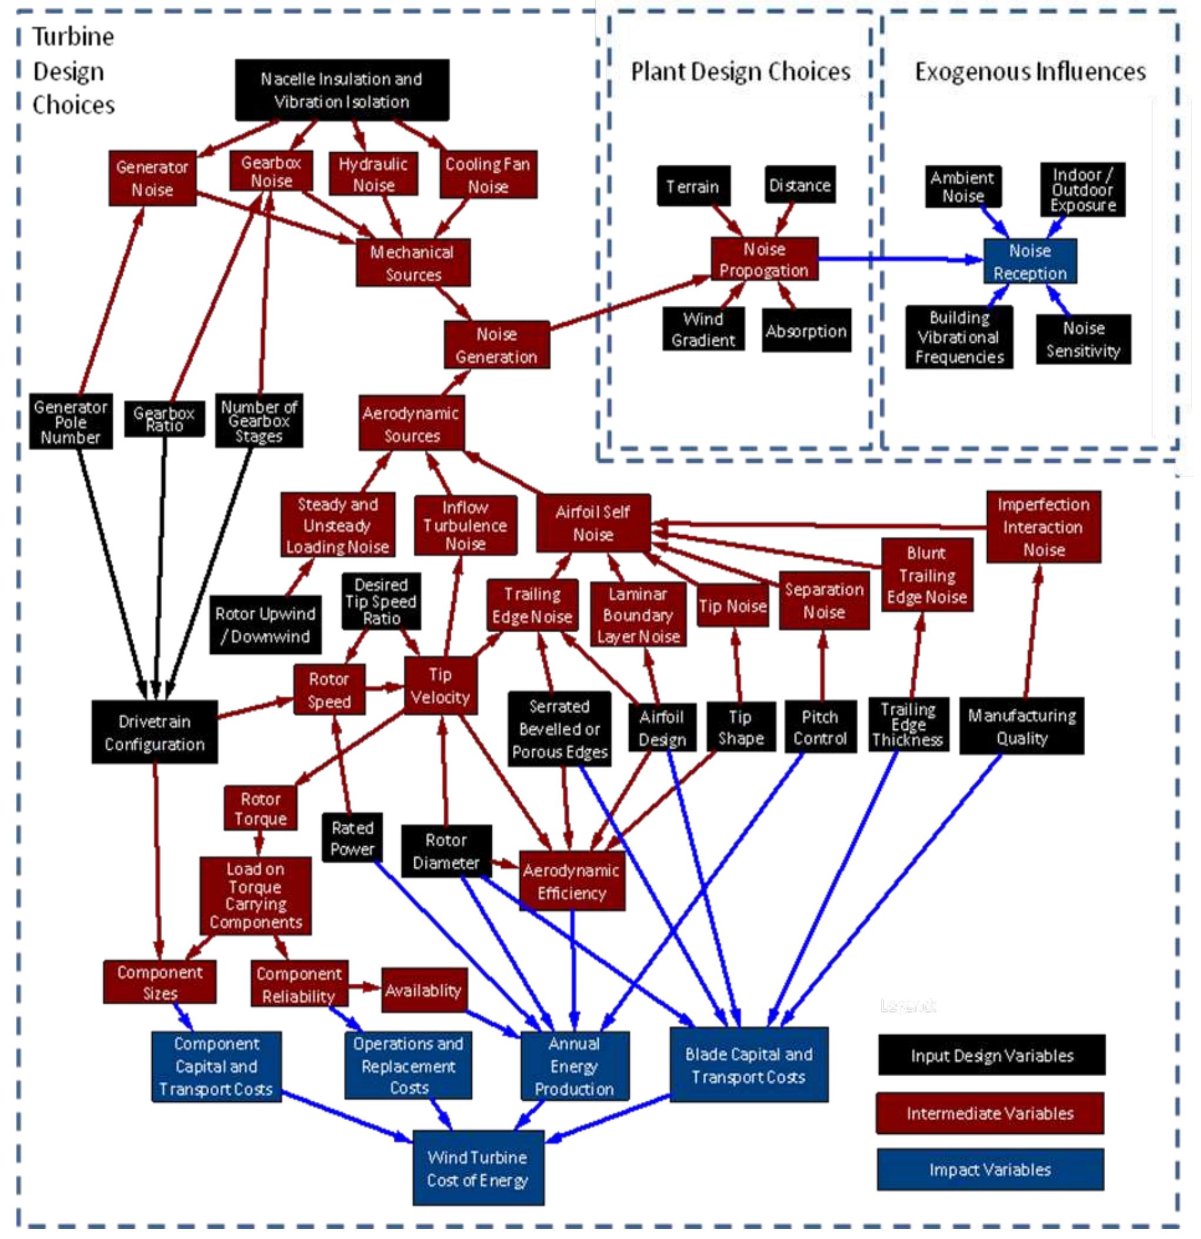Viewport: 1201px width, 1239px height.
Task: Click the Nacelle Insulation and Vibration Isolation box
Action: pos(342,90)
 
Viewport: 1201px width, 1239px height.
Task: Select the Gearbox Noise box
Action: pos(271,171)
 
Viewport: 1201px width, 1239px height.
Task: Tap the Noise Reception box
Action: pos(1030,261)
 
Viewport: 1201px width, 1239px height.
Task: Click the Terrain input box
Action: pos(693,186)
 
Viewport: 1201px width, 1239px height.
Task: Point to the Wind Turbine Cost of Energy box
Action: pos(478,1168)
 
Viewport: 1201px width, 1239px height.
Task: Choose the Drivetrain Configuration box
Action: pos(155,732)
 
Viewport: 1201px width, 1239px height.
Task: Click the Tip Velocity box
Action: pos(440,685)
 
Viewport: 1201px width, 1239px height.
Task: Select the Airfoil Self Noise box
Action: pos(593,523)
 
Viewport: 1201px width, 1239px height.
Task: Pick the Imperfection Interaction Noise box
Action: pos(1043,526)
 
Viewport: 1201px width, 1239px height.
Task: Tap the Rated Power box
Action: pos(352,837)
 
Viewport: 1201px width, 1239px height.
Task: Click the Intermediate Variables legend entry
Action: pos(989,1113)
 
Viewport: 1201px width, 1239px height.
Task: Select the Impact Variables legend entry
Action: pos(989,1170)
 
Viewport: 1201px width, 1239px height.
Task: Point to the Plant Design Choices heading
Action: pos(740,71)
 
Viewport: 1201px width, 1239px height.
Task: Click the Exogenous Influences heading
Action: pos(1030,71)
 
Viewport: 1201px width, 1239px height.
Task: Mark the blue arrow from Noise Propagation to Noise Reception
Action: pos(897,259)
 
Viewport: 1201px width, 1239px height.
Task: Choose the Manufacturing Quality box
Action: pos(1022,726)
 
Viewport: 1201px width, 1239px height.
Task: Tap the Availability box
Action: pos(424,991)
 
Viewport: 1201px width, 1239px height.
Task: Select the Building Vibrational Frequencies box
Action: pos(958,338)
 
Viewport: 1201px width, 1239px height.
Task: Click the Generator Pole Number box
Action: pos(71,421)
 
